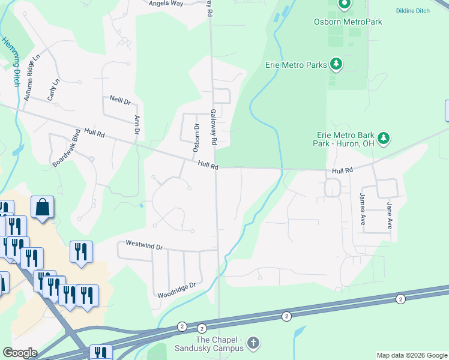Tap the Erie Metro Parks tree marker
(337, 64)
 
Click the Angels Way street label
(166, 3)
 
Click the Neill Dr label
(120, 100)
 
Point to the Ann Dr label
(137, 124)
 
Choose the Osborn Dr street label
(196, 137)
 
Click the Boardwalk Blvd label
(66, 148)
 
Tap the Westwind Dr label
(144, 245)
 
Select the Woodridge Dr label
(176, 290)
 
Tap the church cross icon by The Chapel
(253, 343)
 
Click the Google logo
(19, 353)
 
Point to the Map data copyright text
(412, 355)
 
